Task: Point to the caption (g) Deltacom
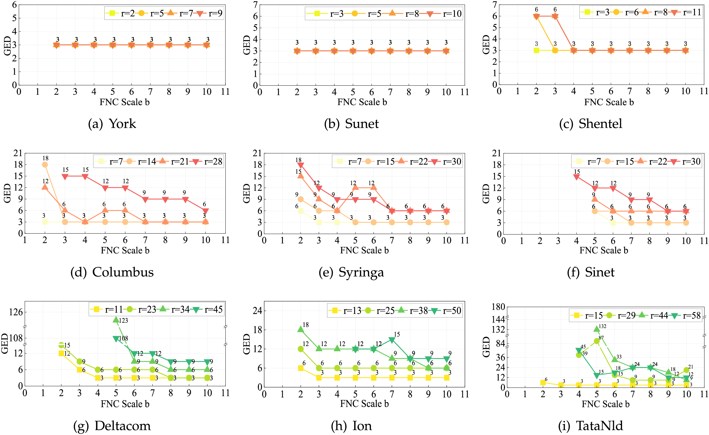(x=112, y=426)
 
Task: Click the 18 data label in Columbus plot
(x=45, y=158)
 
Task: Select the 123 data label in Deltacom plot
(x=124, y=320)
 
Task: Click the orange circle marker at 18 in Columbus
(x=45, y=165)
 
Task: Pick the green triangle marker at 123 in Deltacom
(x=116, y=320)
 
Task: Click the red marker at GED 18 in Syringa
(x=301, y=165)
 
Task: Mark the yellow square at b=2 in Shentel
(x=536, y=50)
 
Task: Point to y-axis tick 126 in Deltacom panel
(x=16, y=312)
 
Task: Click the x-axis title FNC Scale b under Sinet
(x=604, y=250)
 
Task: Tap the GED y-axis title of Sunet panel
(x=247, y=45)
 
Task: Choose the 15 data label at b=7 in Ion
(x=397, y=334)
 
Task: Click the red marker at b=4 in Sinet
(x=577, y=177)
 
